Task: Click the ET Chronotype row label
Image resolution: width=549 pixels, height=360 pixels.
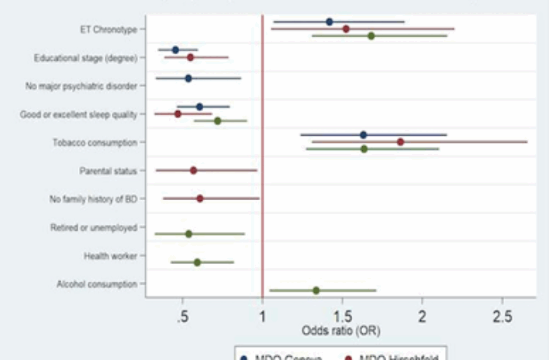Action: [108, 29]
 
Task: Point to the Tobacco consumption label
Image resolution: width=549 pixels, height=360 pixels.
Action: [95, 142]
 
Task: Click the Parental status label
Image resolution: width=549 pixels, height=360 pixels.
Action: [108, 171]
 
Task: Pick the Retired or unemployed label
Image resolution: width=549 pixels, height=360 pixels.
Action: [93, 227]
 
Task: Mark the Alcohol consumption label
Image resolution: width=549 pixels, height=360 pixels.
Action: [97, 284]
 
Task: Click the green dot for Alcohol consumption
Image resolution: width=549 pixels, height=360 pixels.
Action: [316, 291]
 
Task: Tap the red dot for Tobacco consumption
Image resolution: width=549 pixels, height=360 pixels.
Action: [400, 142]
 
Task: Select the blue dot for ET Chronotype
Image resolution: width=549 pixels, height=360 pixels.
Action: [329, 22]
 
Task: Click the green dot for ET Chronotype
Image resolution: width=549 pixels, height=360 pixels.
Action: [371, 36]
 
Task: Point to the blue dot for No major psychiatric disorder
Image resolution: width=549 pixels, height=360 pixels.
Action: [188, 78]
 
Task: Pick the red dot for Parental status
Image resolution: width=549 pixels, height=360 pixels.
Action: [194, 171]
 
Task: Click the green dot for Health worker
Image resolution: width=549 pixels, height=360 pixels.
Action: [197, 262]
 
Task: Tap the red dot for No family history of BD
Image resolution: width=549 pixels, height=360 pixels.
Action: [200, 198]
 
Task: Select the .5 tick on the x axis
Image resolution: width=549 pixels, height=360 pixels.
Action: [182, 315]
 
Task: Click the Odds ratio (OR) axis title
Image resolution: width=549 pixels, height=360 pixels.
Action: [341, 330]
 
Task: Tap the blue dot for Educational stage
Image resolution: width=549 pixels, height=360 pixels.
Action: [175, 50]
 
